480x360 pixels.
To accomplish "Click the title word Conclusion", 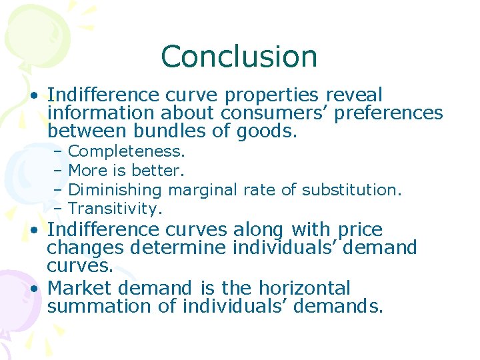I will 239,57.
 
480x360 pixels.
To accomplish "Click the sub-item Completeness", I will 127,153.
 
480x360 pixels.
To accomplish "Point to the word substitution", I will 351,190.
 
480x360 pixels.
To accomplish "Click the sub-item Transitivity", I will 115,209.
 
